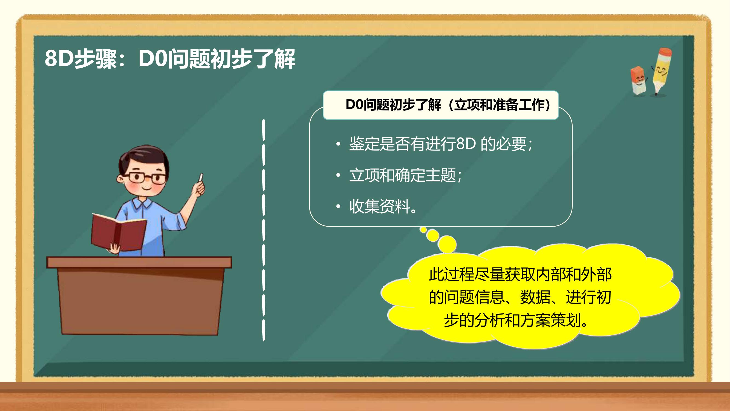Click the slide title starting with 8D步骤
(x=170, y=59)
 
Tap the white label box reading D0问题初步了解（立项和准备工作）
(x=441, y=105)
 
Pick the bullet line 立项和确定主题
(x=406, y=175)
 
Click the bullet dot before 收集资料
(x=338, y=206)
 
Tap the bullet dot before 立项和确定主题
(x=338, y=175)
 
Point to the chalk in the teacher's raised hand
(x=201, y=177)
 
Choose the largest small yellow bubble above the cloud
(x=447, y=244)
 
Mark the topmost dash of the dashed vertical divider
(x=264, y=130)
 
